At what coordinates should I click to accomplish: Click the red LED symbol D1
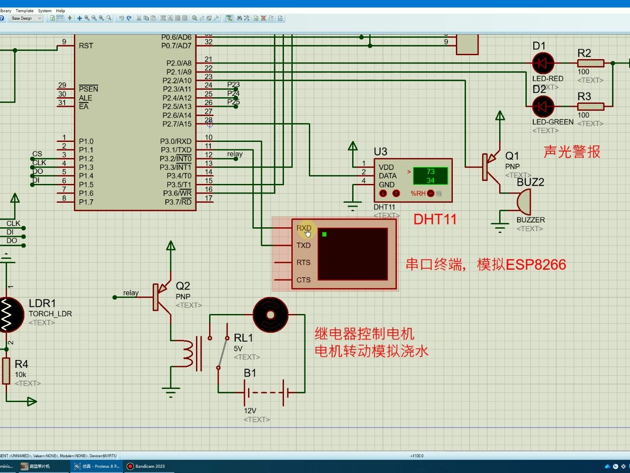543,64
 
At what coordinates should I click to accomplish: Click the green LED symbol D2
543,106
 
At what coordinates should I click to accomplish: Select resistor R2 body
591,64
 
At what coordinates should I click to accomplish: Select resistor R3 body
591,106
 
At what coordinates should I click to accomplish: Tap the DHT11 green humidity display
430,176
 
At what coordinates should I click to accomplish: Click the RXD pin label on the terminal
304,228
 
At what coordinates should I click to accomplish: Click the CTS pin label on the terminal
303,280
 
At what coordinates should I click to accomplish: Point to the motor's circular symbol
270,315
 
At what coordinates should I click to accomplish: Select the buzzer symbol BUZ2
524,202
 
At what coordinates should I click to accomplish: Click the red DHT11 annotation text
435,219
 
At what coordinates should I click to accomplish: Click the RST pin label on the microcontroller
86,46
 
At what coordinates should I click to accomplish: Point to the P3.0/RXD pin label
175,141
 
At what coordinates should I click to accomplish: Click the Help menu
60,11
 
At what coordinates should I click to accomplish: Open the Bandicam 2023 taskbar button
150,466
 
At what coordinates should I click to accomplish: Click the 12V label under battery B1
250,410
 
